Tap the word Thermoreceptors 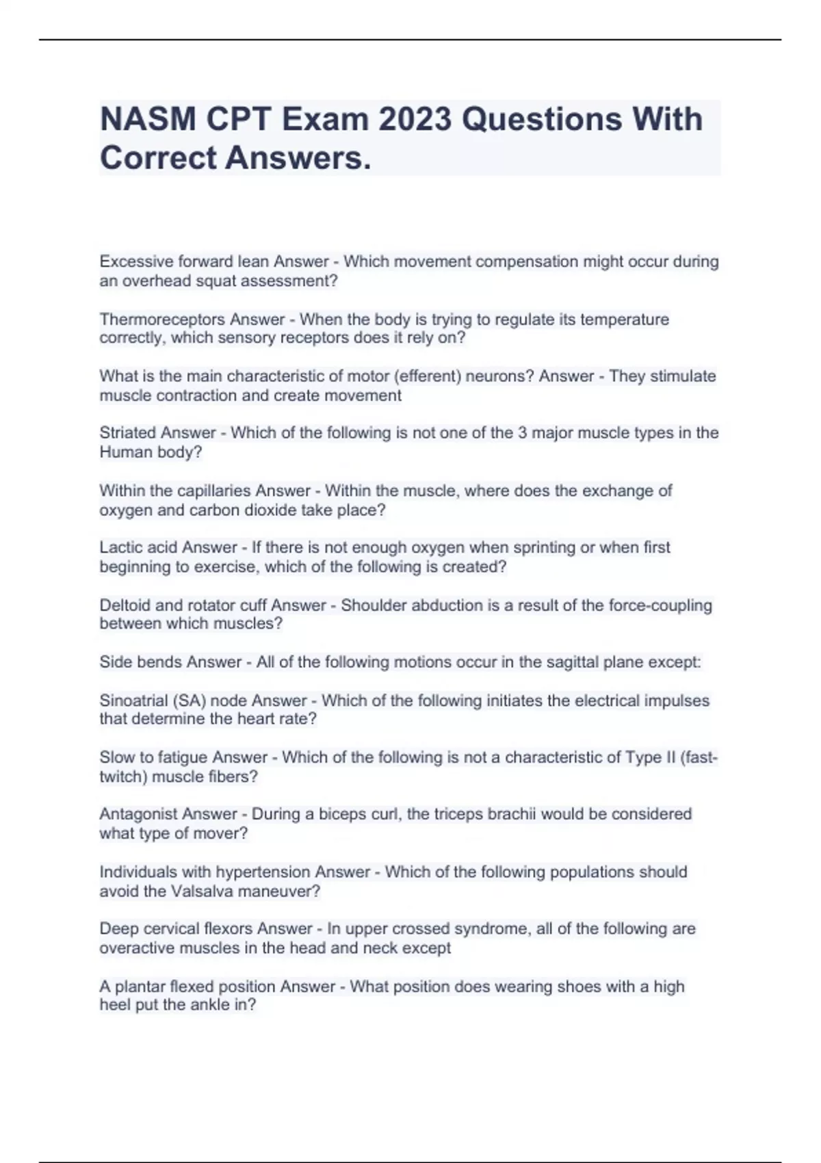[x=162, y=319]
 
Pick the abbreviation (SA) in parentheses [x=190, y=701]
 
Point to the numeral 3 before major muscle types [x=522, y=433]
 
